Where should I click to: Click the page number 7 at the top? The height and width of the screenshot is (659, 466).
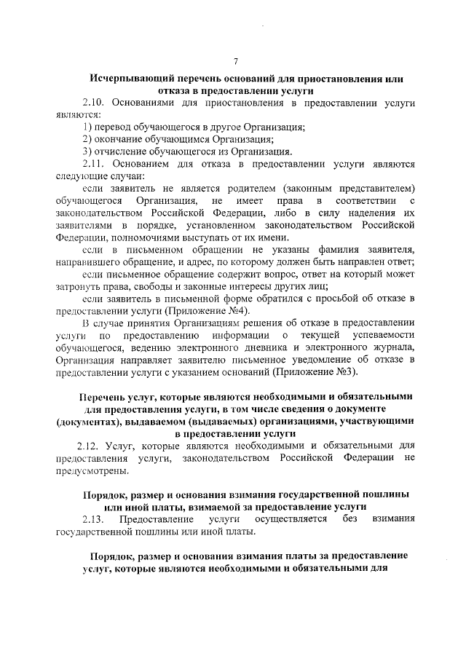tap(234, 60)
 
